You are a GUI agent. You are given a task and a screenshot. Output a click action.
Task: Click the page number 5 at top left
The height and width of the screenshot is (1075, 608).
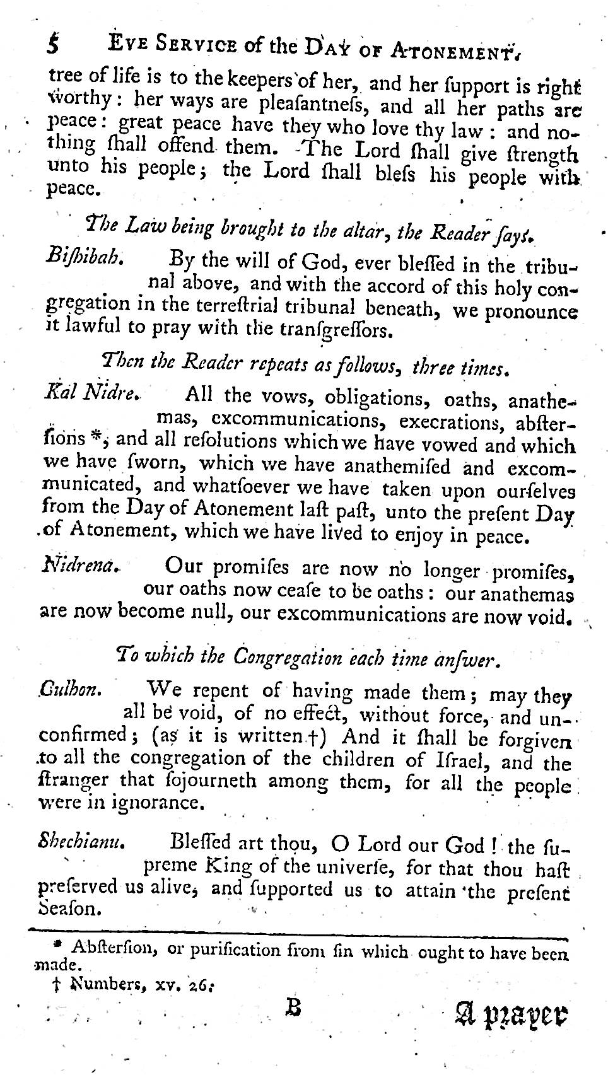[53, 45]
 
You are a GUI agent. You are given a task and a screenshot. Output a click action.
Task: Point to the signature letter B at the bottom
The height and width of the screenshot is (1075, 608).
[293, 1007]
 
